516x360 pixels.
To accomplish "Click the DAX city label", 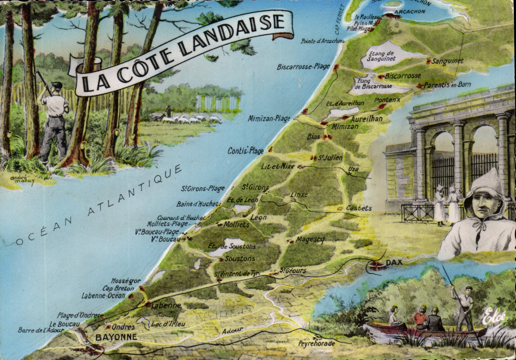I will tap(394, 262).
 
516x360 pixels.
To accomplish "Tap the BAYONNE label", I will tap(116, 337).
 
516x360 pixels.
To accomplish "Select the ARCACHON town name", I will tap(410, 12).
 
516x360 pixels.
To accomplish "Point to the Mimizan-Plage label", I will tap(269, 119).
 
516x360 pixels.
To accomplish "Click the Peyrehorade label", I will tap(316, 343).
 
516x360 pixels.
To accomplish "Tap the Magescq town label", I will tap(310, 239).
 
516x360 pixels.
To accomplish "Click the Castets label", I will tap(359, 208).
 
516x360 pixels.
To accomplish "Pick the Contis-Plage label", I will tap(245, 151).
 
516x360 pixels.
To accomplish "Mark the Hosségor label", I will tap(126, 281).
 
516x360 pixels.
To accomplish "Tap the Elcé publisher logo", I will tap(494, 318).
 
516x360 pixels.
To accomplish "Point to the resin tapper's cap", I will tap(56, 85).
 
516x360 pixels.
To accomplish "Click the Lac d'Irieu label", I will tap(168, 324).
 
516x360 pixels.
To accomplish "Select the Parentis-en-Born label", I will tap(447, 85).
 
